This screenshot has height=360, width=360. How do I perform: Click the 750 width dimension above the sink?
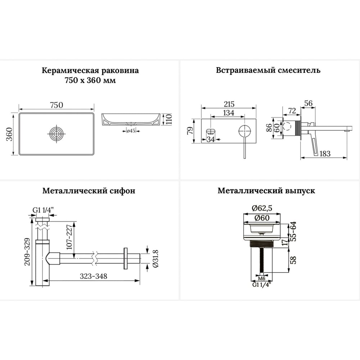[57, 105]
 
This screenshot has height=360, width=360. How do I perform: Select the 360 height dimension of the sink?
[9, 134]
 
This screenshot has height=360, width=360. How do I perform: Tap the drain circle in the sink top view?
[57, 134]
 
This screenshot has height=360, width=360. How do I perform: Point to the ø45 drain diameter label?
[131, 131]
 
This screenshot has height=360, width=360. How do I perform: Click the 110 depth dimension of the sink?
[169, 119]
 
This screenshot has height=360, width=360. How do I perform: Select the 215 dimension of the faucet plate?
[229, 104]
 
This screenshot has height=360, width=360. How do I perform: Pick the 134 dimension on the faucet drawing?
[229, 113]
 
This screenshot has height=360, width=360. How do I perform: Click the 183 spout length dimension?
[325, 153]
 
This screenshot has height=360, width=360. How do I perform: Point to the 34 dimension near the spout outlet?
[211, 139]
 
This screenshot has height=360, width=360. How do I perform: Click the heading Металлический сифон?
[89, 191]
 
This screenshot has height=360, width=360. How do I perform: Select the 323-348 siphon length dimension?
[94, 276]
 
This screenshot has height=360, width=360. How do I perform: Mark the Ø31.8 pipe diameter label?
[156, 258]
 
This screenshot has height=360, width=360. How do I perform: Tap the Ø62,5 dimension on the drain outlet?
[262, 208]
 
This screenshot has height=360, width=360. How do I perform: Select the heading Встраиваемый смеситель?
[268, 70]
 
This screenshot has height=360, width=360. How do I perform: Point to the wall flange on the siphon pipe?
[126, 258]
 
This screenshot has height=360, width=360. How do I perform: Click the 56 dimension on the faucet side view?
[308, 103]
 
